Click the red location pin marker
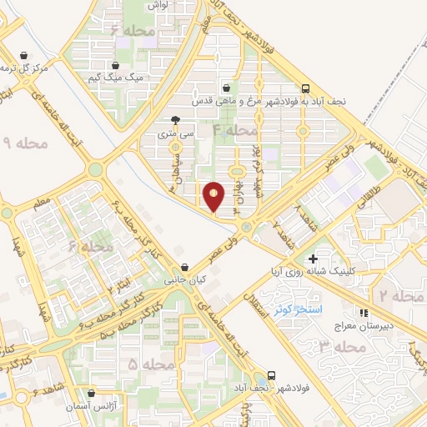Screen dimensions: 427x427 tap(214, 195)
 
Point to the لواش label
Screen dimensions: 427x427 tap(158, 5)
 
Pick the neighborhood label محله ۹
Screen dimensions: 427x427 tap(27, 144)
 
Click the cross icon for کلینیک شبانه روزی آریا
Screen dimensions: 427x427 tap(313, 259)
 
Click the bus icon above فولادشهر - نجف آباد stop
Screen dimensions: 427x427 tap(272, 376)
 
